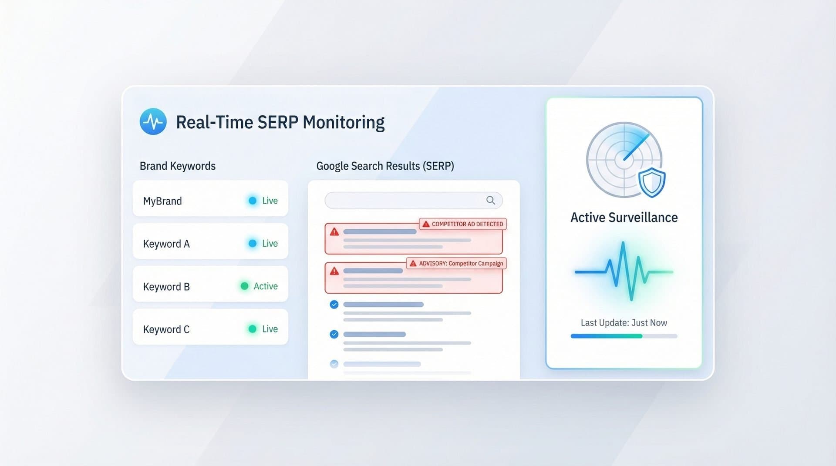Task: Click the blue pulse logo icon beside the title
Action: (x=153, y=122)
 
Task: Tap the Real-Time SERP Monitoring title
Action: (x=280, y=122)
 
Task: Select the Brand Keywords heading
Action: (x=177, y=166)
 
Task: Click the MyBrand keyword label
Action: (x=162, y=201)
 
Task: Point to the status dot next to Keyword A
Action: (x=253, y=243)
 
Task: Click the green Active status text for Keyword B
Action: (x=266, y=286)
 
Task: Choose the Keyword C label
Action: (x=166, y=329)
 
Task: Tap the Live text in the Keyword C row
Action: (x=270, y=329)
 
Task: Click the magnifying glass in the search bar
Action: (x=491, y=200)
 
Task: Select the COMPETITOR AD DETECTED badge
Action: (x=463, y=224)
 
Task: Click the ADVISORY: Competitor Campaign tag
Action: (x=456, y=263)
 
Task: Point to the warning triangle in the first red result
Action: (x=334, y=232)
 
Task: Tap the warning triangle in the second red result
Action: (x=334, y=271)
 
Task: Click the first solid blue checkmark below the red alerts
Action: (x=334, y=305)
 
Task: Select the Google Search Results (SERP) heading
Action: (x=385, y=166)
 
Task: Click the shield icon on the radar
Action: (x=651, y=183)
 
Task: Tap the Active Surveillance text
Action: (x=624, y=218)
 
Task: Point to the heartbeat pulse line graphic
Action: (x=624, y=272)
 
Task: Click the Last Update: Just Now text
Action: (x=624, y=323)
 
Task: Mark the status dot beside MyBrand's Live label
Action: (x=253, y=201)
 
